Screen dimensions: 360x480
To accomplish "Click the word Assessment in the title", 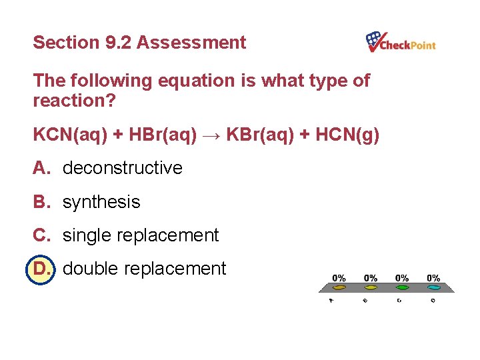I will [191, 43].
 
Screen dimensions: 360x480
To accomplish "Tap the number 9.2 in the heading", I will [119, 43].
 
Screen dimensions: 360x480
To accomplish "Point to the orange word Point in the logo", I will [421, 45].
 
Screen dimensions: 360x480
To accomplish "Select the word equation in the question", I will [198, 81].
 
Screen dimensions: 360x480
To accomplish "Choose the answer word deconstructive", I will [122, 168].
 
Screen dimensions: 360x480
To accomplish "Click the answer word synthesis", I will [101, 202].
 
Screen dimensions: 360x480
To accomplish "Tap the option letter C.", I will [41, 235].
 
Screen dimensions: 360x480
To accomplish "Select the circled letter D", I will [41, 269].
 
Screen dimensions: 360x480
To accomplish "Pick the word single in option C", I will [87, 235].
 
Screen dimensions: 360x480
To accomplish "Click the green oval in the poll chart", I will [402, 288].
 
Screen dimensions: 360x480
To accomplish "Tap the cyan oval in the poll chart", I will [433, 288].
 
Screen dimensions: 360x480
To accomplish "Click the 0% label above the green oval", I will [402, 277].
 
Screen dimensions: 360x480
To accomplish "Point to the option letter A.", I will [41, 168].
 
